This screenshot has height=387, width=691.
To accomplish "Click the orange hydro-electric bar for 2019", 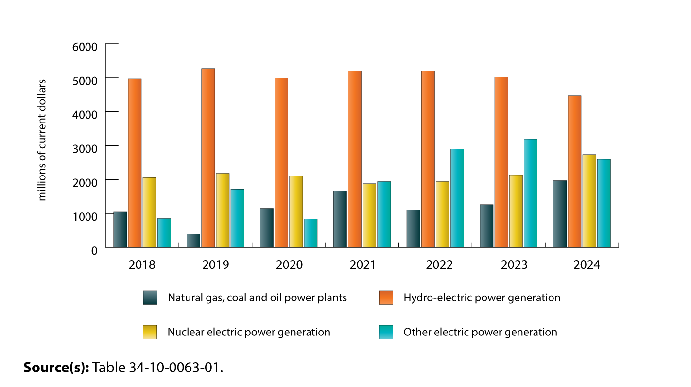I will (208, 158).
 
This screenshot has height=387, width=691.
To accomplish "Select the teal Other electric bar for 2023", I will (530, 193).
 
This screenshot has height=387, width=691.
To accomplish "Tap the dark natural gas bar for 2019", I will (193, 241).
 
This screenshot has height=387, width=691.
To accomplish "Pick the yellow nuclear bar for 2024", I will (589, 201).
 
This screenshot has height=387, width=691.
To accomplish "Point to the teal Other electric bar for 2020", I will (311, 233).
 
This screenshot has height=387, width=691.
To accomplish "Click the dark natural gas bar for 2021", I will (340, 219).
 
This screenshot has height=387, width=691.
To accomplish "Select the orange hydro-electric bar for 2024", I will (574, 172).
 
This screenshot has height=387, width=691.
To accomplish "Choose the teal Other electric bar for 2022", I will (457, 198).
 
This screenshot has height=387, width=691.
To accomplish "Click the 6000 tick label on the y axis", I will (88, 46).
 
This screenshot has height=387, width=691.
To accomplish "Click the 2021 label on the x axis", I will (363, 265).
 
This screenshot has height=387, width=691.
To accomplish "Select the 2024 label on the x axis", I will (587, 265).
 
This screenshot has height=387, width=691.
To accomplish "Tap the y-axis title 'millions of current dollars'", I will (42, 140).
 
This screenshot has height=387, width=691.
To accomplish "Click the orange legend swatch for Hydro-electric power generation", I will (386, 298).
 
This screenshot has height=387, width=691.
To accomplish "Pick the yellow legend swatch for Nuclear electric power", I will (150, 332).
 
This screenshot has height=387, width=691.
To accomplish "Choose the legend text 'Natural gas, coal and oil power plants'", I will (257, 298).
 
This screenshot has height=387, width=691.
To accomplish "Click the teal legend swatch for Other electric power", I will (386, 332).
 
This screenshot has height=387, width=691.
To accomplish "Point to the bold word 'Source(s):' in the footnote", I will (56, 367).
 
